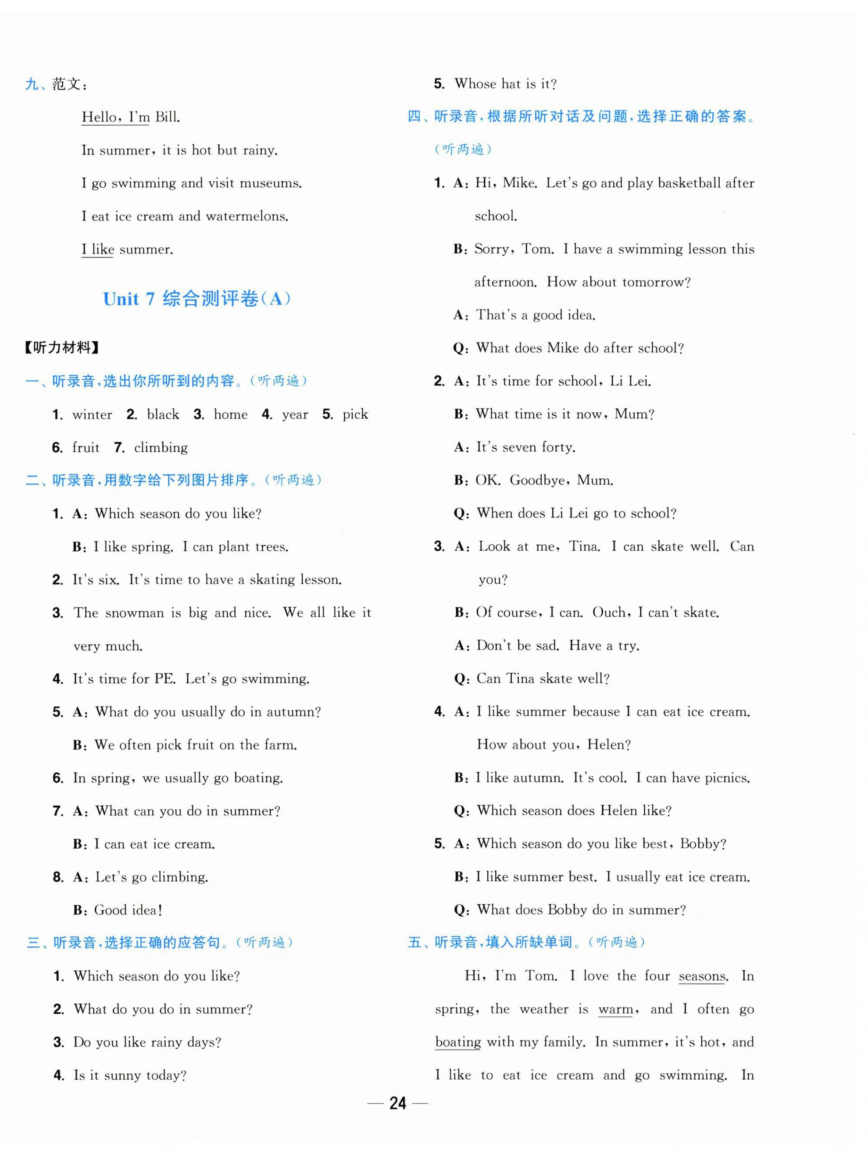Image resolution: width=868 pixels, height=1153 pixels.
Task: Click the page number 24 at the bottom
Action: coord(397,1103)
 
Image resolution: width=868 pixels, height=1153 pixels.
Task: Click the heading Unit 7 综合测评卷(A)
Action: coord(196,299)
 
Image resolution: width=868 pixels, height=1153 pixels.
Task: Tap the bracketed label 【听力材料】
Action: coord(61,348)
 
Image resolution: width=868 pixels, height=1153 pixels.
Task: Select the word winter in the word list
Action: coord(92,414)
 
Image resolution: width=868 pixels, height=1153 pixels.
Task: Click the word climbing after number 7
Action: coord(161,448)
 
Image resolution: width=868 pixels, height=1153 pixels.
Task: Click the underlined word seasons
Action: coord(702,976)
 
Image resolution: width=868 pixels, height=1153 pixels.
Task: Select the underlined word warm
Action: coord(616,1009)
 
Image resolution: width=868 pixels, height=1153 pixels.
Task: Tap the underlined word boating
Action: coord(458,1042)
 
